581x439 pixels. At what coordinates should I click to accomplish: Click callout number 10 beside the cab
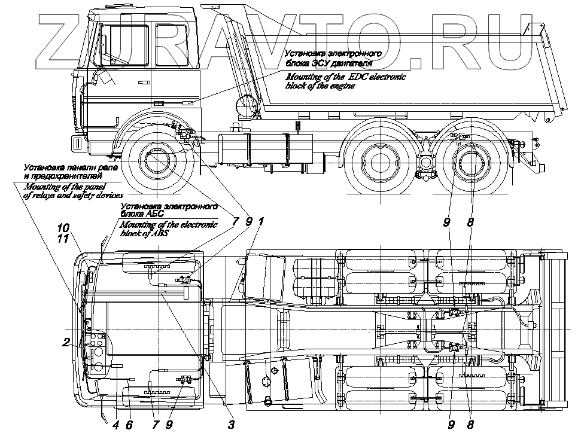(63, 227)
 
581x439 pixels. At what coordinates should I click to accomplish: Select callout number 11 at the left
(63, 238)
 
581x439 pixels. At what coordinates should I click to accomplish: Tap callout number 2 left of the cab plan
(66, 343)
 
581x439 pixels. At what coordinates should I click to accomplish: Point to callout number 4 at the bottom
(115, 425)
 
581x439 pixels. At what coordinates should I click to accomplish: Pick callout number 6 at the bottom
(129, 425)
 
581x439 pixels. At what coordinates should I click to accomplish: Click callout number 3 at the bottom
(231, 425)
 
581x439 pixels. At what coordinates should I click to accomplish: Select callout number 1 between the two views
(261, 221)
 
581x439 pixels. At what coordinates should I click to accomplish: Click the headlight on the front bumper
(78, 143)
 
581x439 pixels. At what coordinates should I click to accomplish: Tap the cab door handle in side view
(142, 83)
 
